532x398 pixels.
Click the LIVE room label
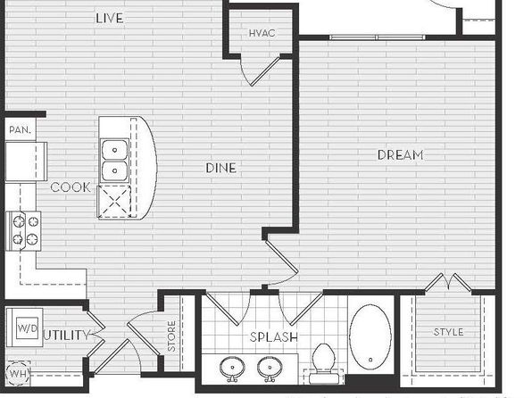[x=109, y=18]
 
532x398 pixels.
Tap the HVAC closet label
[x=262, y=33]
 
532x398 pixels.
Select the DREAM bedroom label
[x=401, y=155]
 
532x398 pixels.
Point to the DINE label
[x=220, y=168]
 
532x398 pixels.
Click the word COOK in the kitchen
[x=71, y=187]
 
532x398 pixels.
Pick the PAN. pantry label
[x=20, y=129]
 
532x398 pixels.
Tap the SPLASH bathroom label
[x=274, y=337]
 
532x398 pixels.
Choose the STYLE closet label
[x=448, y=332]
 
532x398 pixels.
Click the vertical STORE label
[x=171, y=336]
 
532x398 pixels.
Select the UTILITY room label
[x=67, y=336]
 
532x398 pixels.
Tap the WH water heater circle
[x=18, y=374]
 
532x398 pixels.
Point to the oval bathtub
[x=370, y=337]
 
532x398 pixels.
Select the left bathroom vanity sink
[x=232, y=369]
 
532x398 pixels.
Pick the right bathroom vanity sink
[x=270, y=369]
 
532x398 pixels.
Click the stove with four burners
[x=23, y=231]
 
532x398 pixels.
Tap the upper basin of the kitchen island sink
[x=114, y=150]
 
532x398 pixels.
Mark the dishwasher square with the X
[x=114, y=202]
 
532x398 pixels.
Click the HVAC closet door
[x=264, y=72]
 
